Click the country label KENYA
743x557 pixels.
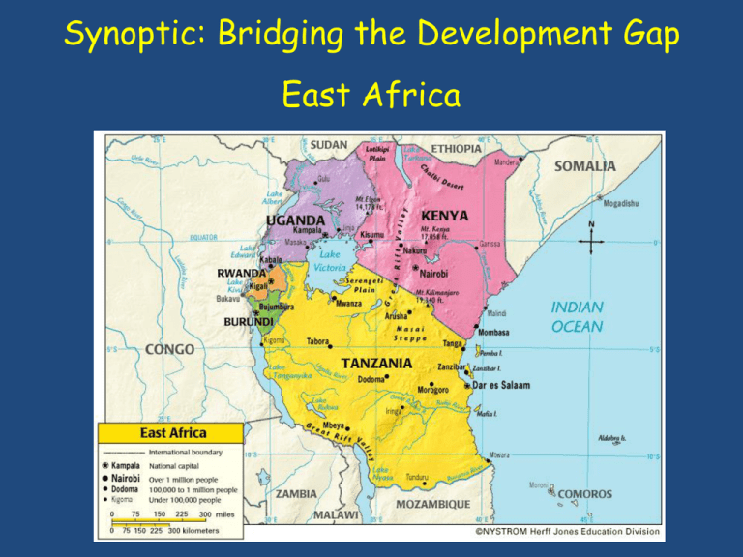pyautogui.click(x=445, y=215)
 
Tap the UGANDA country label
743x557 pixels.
pyautogui.click(x=296, y=220)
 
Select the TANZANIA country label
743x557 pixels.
pyautogui.click(x=376, y=363)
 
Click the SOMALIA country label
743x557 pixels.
pyautogui.click(x=584, y=166)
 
